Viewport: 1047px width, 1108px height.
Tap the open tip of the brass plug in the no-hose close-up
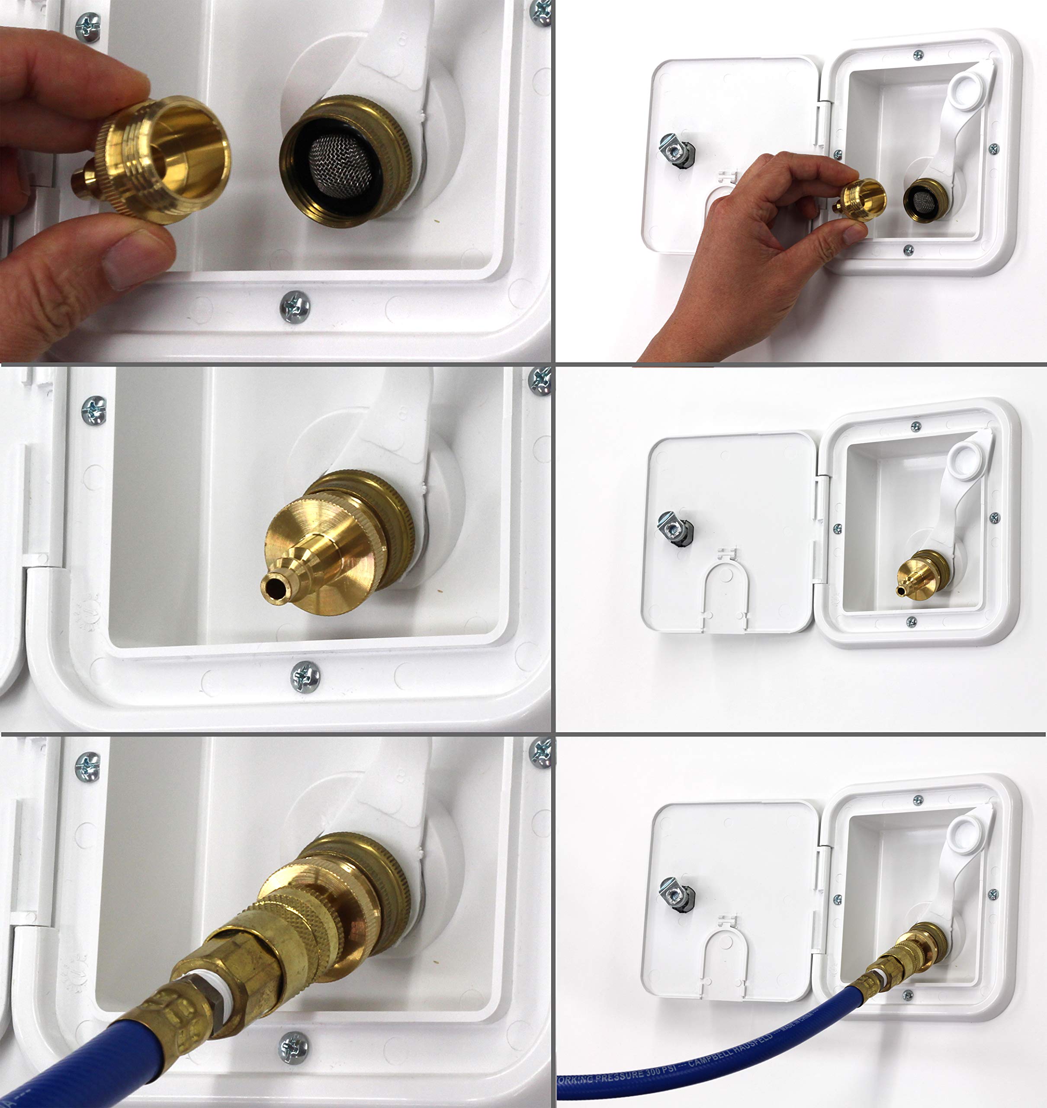click(x=273, y=586)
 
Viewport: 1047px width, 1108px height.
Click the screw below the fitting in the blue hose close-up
click(x=294, y=1048)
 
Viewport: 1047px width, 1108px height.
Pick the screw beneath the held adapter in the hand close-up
click(x=295, y=307)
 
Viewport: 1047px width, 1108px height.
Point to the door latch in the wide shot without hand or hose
click(x=676, y=528)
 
